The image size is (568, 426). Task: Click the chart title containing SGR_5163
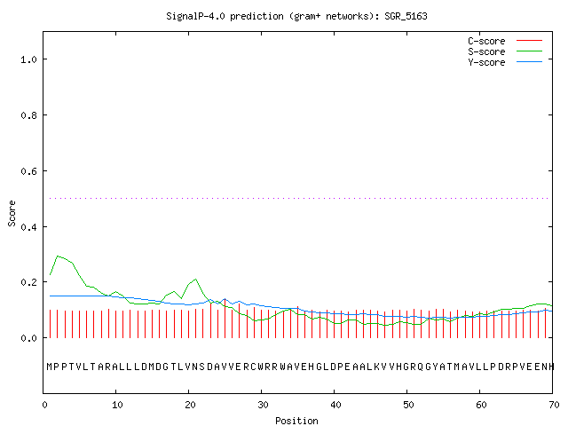tap(296, 16)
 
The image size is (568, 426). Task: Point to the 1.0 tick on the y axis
tap(29, 59)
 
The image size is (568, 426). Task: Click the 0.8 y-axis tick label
tap(29, 115)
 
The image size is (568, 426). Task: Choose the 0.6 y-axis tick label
tap(29, 171)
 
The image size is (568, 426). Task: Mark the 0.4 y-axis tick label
tap(29, 227)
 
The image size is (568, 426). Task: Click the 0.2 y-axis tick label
tap(29, 282)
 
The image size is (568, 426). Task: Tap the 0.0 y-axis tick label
tap(29, 338)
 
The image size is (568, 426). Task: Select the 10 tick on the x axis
tap(117, 405)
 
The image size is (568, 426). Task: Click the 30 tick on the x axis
tap(263, 405)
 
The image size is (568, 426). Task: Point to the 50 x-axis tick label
tap(408, 405)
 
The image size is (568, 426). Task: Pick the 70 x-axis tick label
tap(554, 405)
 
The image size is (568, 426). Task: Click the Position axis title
tap(296, 421)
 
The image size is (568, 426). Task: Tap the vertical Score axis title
tap(12, 214)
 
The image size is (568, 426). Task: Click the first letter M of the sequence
tap(50, 367)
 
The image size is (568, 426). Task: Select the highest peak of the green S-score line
tap(58, 256)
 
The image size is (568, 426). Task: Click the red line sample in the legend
tap(529, 41)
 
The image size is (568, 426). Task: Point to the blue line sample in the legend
tap(529, 62)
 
